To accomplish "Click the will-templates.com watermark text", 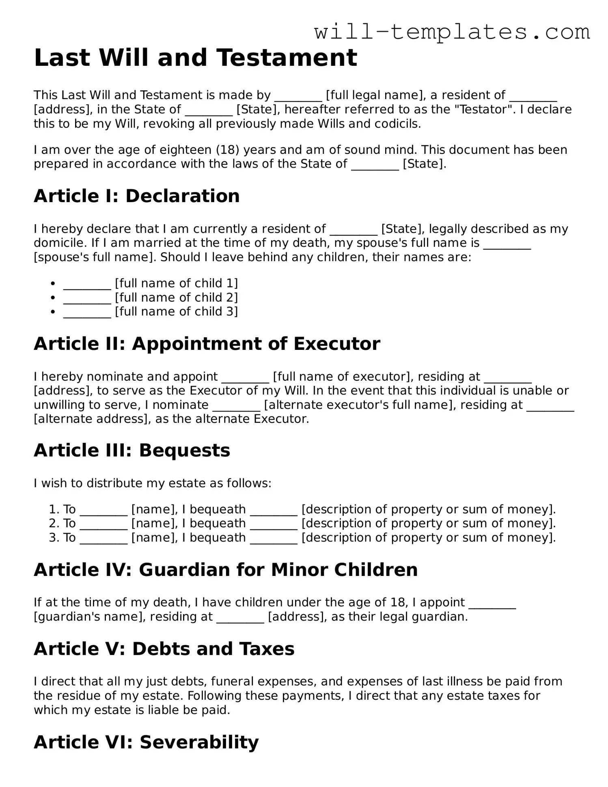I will point(452,32).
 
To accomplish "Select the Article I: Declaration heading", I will point(137,196).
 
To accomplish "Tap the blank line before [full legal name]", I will point(298,96).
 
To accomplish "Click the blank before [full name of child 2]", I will point(87,298).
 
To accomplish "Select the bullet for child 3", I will point(53,312).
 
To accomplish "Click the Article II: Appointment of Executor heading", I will point(207,344).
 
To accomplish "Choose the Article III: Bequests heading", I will point(132,451).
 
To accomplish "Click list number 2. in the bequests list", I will point(54,524).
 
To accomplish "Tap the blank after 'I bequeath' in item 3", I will point(274,538).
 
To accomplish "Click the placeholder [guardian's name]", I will point(90,617).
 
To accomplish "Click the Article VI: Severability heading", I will point(146,742).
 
